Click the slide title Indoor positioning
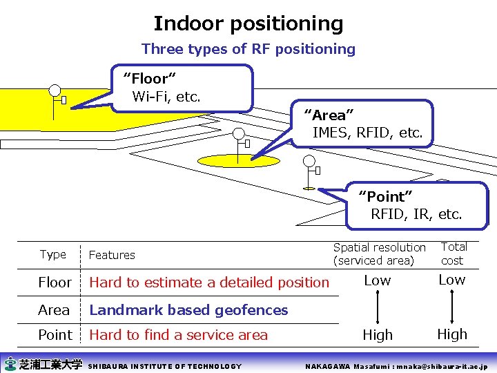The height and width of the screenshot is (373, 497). [248, 23]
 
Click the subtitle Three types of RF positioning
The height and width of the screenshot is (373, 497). [248, 49]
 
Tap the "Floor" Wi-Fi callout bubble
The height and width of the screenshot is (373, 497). [183, 88]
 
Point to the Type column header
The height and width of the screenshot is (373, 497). [53, 254]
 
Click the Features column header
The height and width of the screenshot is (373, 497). [112, 255]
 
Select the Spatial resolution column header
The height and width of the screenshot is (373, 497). [379, 254]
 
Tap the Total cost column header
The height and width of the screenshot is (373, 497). [453, 254]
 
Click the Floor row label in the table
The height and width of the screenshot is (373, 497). [55, 283]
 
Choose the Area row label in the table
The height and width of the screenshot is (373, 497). [54, 310]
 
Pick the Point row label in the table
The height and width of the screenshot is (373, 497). [55, 335]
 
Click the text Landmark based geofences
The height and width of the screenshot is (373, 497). [188, 310]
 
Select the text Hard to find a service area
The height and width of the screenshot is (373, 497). [178, 335]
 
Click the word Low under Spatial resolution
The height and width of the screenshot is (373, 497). [378, 280]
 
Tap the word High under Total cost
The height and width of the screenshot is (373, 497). [452, 334]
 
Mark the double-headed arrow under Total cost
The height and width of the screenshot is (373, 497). [452, 307]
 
